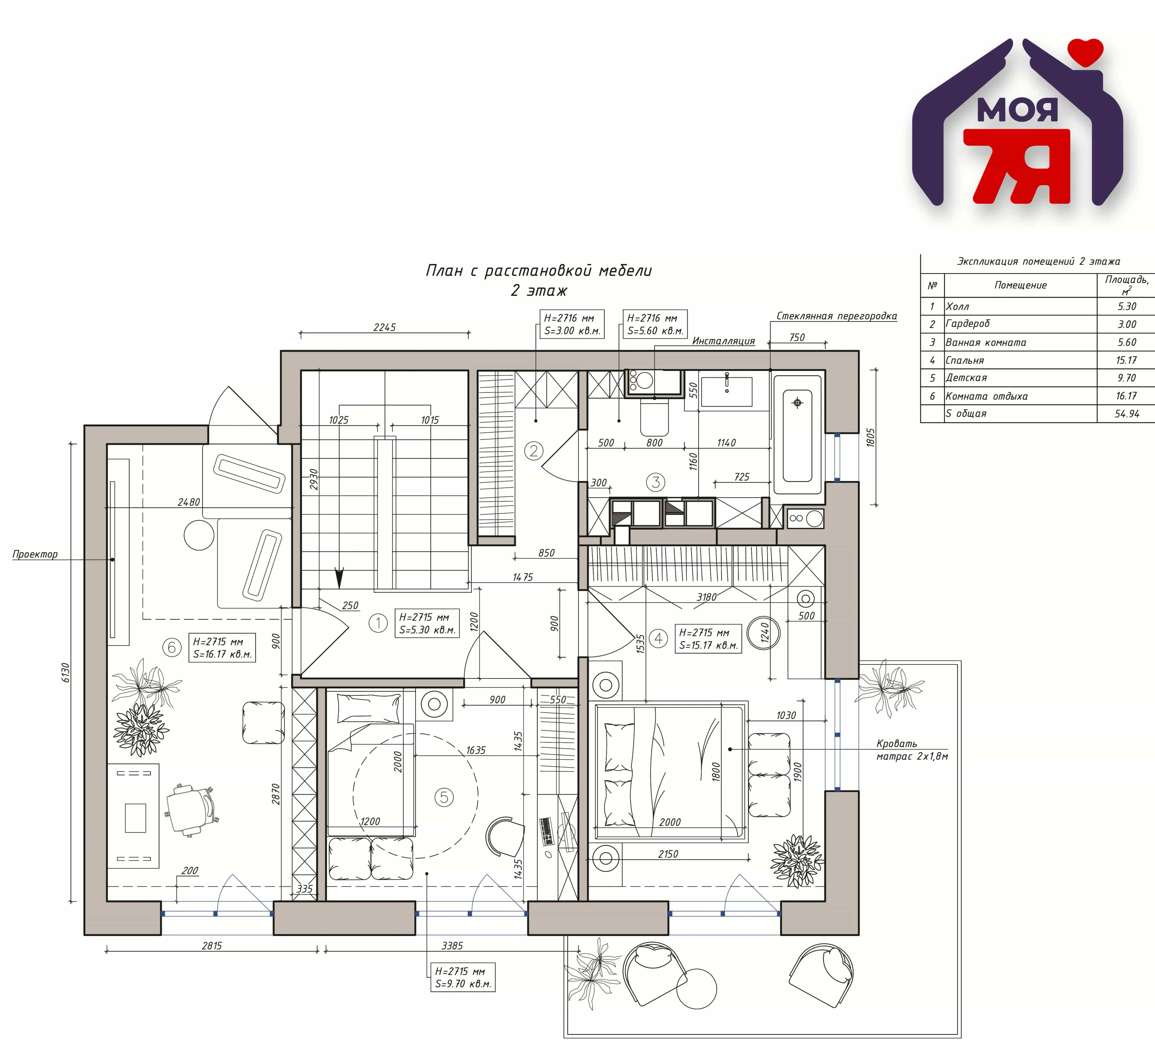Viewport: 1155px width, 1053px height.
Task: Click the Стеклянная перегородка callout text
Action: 836,316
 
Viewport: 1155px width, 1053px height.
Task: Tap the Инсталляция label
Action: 724,341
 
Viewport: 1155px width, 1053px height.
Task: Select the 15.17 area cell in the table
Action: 1126,360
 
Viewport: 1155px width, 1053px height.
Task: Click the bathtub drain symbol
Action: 797,403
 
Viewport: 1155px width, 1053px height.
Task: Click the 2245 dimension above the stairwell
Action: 384,327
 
